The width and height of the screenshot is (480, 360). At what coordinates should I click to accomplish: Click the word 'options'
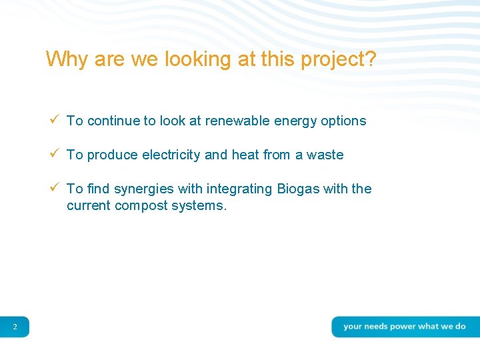pos(343,121)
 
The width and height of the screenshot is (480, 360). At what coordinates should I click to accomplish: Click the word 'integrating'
pos(240,189)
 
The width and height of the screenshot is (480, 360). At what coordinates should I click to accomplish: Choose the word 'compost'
pos(141,206)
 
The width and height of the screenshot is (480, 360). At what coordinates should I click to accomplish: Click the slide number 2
pos(15,327)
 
